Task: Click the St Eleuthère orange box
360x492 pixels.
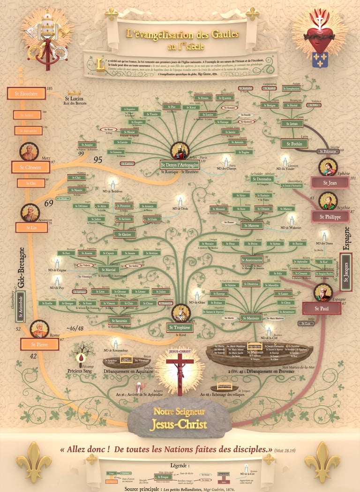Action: coord(26,93)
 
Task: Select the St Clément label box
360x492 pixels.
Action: coord(30,167)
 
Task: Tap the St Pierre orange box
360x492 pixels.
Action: coord(39,344)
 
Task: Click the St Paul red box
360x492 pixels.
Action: coord(321,308)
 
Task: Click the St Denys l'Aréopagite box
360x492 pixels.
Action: coord(180,165)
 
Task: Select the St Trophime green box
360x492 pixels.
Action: coord(180,327)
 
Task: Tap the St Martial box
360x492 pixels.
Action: coord(109,270)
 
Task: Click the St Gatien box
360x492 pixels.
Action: coord(124,234)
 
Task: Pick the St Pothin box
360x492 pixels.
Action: coord(294,144)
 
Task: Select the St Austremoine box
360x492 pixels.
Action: coord(252,259)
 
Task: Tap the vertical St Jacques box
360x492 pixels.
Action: coord(346,269)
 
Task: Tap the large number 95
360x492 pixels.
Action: coord(97,159)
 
